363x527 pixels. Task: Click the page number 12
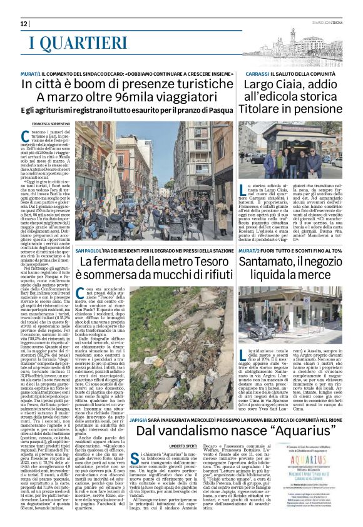point(24,23)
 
